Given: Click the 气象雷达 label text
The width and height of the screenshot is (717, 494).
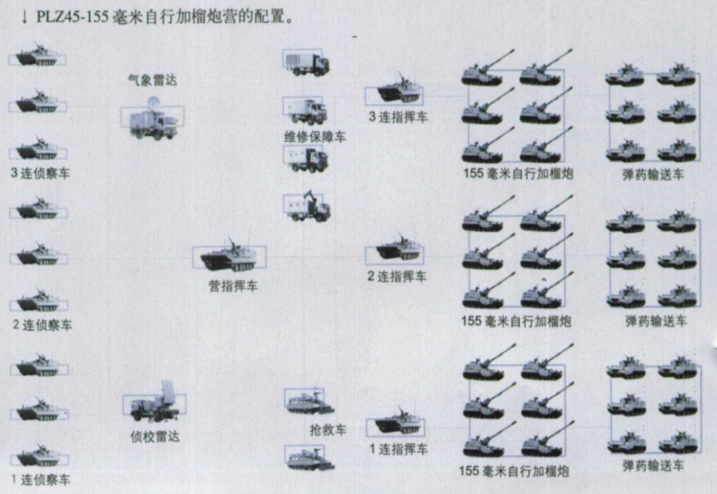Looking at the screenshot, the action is point(152,80).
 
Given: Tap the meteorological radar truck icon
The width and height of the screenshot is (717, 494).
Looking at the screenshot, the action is point(153,118).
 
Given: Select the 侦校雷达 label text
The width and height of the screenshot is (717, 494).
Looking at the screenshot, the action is point(155,437).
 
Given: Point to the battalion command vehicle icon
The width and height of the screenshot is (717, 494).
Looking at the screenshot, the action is point(229,255).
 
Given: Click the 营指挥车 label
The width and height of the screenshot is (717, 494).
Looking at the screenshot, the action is point(233,286).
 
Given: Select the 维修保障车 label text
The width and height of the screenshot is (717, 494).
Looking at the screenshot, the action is point(315,136).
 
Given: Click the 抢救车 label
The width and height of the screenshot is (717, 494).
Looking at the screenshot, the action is point(328,429).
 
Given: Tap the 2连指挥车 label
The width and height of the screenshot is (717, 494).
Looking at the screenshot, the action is point(397,276).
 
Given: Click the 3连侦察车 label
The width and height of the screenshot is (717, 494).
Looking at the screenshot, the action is point(40,173).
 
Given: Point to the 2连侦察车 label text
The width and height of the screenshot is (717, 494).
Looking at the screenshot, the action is point(42,325).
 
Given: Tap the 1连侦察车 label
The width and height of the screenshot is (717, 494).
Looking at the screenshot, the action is point(41,480).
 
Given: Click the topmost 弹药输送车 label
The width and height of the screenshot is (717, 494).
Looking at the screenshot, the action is point(653,174).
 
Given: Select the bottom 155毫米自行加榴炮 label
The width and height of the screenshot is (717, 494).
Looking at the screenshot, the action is point(514,470).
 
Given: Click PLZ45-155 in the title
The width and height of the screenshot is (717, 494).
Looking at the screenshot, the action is point(72,17).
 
